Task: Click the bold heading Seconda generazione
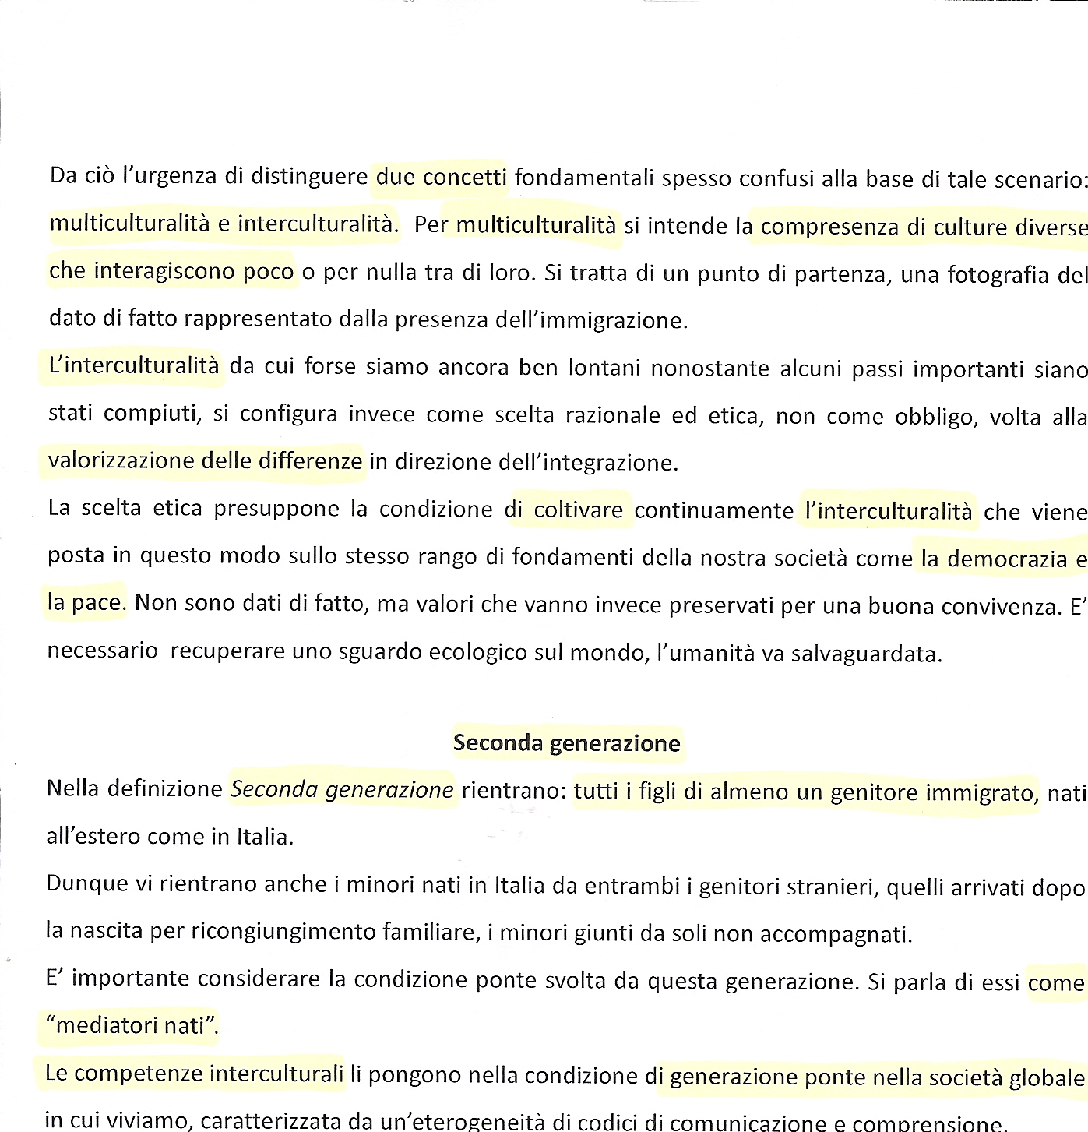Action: (566, 742)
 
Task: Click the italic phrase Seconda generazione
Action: (342, 789)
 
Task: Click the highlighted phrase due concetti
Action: (441, 177)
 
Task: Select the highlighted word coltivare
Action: (578, 510)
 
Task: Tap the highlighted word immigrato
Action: (982, 792)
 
